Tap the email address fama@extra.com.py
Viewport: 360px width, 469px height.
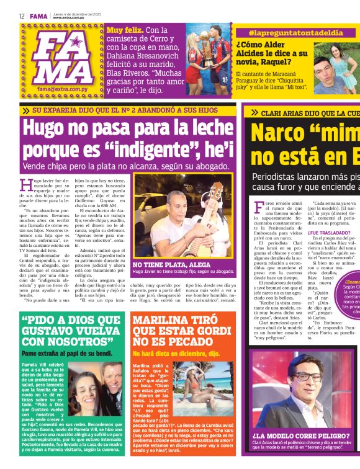[x=62, y=89]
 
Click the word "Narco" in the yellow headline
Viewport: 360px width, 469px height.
[x=281, y=135]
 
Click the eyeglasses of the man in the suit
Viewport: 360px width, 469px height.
[x=312, y=377]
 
